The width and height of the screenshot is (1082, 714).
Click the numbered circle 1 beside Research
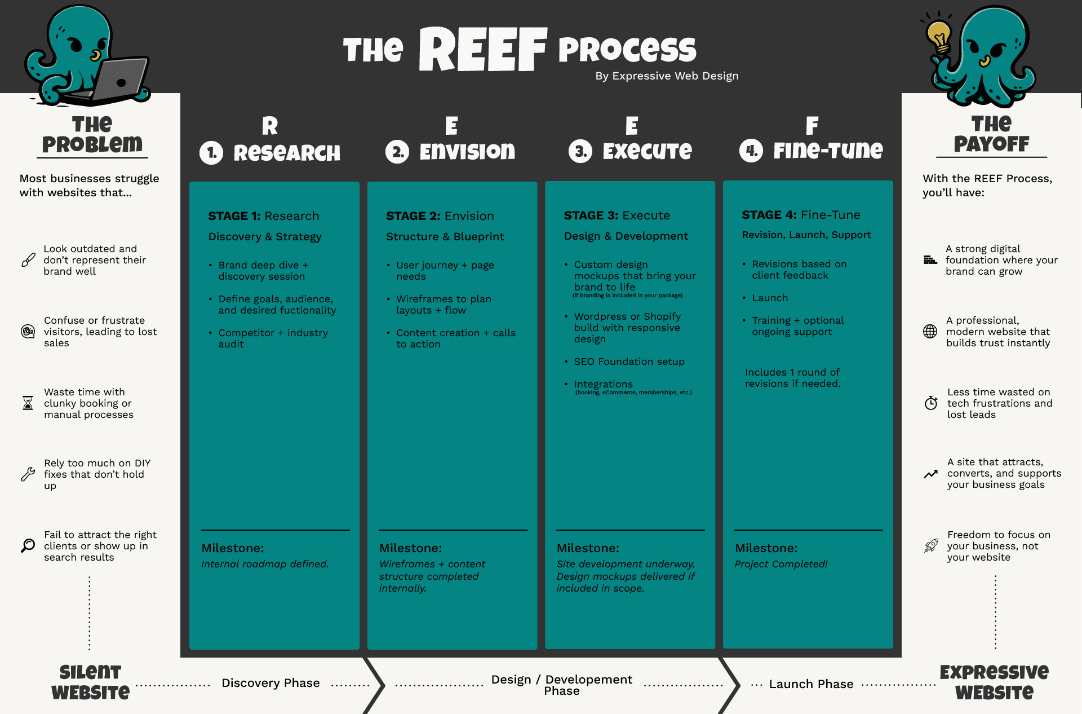[211, 153]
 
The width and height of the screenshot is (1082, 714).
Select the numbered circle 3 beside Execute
[580, 151]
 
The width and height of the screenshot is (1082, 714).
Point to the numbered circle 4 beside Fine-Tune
[751, 151]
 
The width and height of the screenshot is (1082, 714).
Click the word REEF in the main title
[483, 50]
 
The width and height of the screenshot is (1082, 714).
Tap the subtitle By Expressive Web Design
[667, 76]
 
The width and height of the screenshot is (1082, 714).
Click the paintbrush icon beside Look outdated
[28, 260]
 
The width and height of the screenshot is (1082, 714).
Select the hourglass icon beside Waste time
[28, 403]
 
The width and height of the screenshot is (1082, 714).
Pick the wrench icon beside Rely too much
[28, 474]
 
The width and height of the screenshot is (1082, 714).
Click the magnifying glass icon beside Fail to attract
[28, 545]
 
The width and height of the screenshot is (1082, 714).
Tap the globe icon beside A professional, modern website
[930, 332]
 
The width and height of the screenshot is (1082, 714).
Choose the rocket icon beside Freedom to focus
[931, 545]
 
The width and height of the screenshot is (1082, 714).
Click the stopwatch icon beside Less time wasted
[931, 403]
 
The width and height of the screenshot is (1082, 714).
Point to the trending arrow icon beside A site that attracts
[931, 474]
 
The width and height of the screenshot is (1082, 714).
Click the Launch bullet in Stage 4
[770, 298]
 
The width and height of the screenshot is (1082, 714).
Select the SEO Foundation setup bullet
[629, 362]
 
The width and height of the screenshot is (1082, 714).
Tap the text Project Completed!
[781, 564]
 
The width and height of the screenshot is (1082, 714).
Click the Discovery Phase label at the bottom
[270, 683]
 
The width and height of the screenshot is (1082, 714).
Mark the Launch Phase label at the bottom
[811, 684]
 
